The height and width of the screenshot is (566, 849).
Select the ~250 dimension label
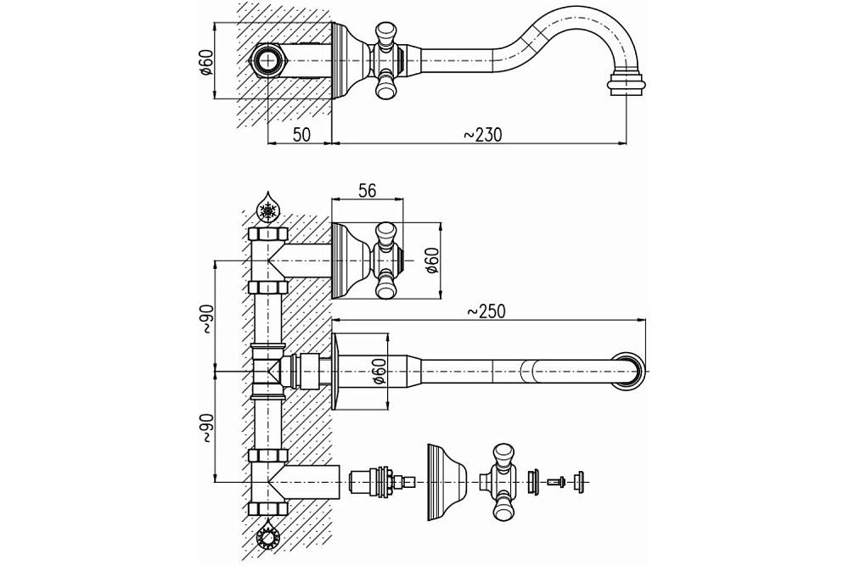click(x=487, y=311)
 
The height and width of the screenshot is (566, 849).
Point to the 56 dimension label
click(x=366, y=191)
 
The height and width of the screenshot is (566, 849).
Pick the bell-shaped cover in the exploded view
click(x=443, y=483)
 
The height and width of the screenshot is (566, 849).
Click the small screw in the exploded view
click(x=556, y=483)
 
